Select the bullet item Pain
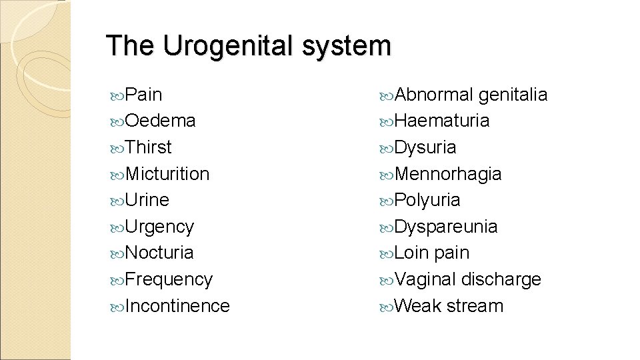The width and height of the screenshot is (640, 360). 143,94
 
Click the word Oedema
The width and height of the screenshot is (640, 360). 160,121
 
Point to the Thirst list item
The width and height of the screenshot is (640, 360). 148,147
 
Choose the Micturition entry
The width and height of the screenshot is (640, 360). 167,173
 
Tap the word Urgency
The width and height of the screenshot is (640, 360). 159,227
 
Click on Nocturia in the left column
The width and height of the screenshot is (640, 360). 159,253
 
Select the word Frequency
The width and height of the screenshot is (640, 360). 169,279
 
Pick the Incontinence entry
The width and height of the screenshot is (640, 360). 177,306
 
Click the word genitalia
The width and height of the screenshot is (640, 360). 513,95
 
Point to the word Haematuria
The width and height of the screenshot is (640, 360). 442,121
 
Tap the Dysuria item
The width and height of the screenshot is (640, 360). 425,147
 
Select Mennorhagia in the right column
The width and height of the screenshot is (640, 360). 448,173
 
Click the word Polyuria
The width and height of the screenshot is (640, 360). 427,200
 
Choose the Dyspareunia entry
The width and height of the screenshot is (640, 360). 446,227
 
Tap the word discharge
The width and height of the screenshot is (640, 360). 501,279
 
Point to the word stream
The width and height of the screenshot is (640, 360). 475,306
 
